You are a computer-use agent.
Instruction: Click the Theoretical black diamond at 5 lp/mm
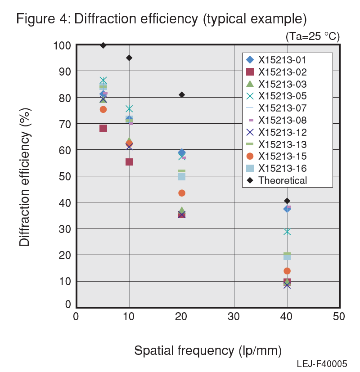pos(103,45)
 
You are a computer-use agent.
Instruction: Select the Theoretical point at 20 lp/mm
pos(182,95)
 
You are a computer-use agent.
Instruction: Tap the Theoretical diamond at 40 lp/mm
pos(287,201)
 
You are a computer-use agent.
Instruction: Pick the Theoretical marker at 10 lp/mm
pos(129,58)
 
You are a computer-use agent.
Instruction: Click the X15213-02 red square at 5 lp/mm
pos(103,129)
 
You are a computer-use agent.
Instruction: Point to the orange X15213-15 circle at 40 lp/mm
pos(287,271)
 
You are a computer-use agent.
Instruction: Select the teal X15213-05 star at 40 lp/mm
pos(287,232)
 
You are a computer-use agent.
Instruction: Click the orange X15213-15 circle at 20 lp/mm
pos(182,193)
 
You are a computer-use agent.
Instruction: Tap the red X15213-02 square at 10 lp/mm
pos(129,162)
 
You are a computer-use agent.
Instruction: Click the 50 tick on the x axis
pos(339,317)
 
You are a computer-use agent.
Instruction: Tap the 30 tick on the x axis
pos(234,317)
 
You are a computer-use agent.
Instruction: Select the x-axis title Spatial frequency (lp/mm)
pos(208,350)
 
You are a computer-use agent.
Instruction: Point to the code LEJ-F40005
pos(322,364)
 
